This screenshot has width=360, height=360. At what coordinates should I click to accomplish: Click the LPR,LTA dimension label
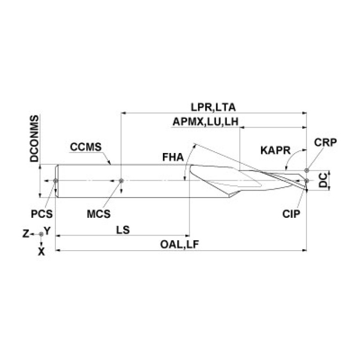coord(213,107)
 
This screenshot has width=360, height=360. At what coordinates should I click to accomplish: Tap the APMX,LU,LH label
coord(206,122)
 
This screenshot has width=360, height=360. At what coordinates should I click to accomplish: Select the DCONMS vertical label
coord(34,138)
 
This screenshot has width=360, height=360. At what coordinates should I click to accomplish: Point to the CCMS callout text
coord(85,147)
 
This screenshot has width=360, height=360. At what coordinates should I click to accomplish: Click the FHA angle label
coord(173,157)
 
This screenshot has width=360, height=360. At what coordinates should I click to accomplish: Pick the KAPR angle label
coord(276,151)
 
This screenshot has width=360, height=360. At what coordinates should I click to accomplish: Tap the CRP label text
coord(325,143)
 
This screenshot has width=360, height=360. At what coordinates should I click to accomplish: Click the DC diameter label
coord(323,180)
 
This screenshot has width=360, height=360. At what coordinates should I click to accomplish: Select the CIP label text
coord(291,214)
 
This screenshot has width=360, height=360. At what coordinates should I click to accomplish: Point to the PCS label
coord(42,214)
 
